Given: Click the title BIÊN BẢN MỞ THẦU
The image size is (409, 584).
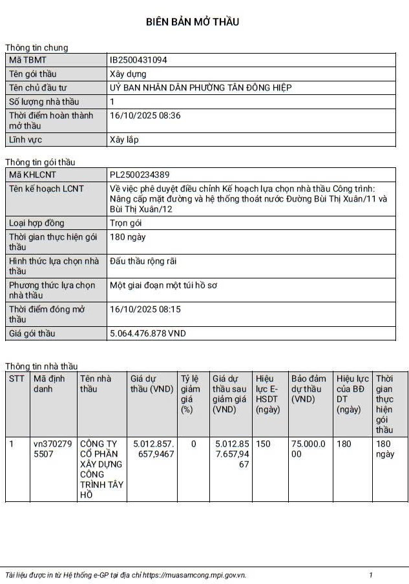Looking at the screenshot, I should click(193, 22).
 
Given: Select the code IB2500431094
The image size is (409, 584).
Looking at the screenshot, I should click(139, 60).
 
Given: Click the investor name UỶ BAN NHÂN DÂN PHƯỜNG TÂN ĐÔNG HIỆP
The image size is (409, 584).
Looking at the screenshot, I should click(201, 88).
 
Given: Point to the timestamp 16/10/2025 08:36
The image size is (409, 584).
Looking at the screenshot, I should click(145, 116).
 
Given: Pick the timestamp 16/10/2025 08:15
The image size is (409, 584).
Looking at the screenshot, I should click(145, 309).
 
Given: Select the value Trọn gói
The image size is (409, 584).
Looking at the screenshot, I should click(126, 223).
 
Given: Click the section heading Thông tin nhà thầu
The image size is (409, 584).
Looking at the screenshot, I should click(41, 366).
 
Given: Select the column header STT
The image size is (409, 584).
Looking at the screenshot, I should click(17, 379).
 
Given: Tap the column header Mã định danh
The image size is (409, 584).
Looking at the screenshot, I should click(49, 384).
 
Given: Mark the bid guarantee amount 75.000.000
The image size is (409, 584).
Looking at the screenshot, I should click(309, 449).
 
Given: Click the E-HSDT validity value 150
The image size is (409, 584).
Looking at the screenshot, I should click(263, 444).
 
